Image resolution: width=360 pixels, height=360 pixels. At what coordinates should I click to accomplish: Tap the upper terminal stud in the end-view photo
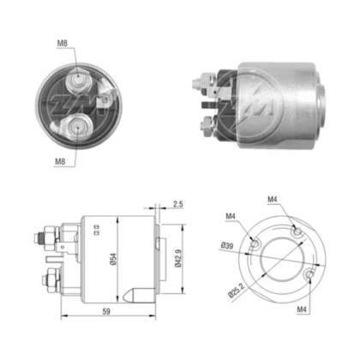(x=79, y=79)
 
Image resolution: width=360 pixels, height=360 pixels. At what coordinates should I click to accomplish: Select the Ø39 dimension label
(x=226, y=247)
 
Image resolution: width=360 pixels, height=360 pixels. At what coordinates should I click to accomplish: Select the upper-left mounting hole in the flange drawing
(x=255, y=245)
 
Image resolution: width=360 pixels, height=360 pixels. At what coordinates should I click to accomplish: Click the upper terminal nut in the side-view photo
(x=207, y=86)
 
